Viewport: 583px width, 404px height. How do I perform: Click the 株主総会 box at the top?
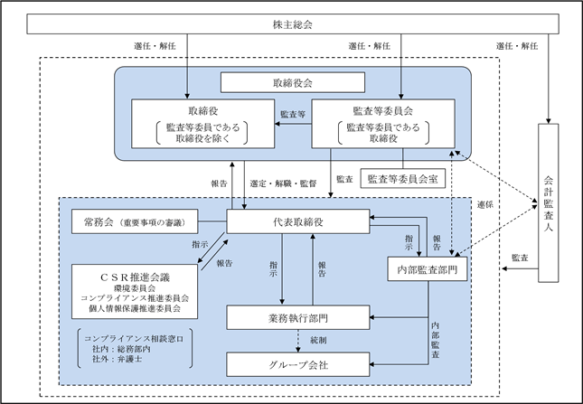pos(293,24)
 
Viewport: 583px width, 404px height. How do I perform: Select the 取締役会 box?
pos(293,82)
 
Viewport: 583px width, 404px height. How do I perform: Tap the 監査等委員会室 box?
pos(402,179)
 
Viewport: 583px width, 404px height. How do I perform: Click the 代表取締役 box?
pos(297,221)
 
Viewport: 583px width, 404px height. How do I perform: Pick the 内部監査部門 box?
pos(428,268)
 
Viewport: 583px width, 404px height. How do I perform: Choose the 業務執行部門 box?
pos(297,317)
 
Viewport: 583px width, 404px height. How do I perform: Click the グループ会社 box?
pos(297,364)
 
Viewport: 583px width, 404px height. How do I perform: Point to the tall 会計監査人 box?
pos(549,203)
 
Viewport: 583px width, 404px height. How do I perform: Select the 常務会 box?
pos(135,221)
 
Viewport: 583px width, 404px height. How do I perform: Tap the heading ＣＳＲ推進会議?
pos(135,277)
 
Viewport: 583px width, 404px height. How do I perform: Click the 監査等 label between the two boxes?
pos(293,114)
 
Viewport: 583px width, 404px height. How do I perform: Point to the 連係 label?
pos(485,205)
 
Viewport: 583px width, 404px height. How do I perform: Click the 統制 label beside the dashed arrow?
pos(319,340)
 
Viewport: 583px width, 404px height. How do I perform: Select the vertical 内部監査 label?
pos(436,340)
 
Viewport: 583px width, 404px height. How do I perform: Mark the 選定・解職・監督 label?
pos(283,183)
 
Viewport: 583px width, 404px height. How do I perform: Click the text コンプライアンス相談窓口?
pos(134,339)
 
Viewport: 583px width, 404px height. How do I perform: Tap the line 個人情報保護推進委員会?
pos(135,308)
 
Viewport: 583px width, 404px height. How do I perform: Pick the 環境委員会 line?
pos(135,288)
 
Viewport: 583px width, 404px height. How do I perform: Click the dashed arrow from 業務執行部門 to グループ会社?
pos(297,342)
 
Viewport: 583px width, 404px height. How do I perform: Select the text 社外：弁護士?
pos(118,359)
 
